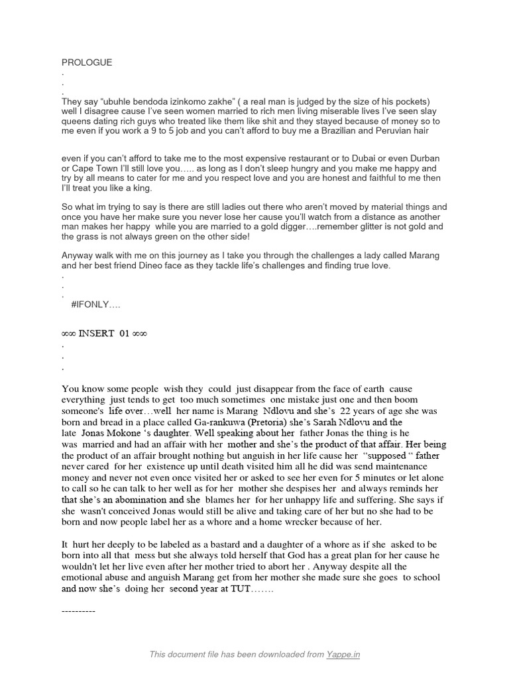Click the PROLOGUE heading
pos(87,63)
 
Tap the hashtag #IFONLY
pos(95,305)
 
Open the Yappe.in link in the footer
pos(343,655)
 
